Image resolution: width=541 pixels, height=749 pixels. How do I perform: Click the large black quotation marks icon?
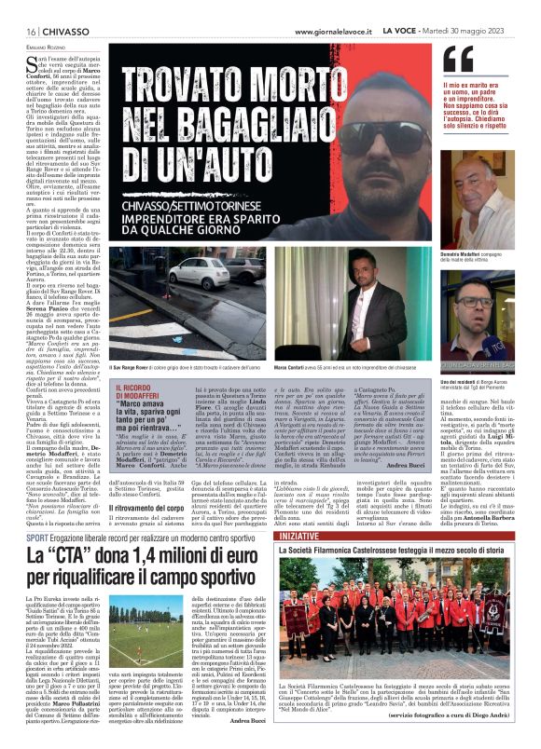click(457, 60)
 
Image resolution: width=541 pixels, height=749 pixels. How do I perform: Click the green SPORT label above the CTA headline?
click(37, 538)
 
